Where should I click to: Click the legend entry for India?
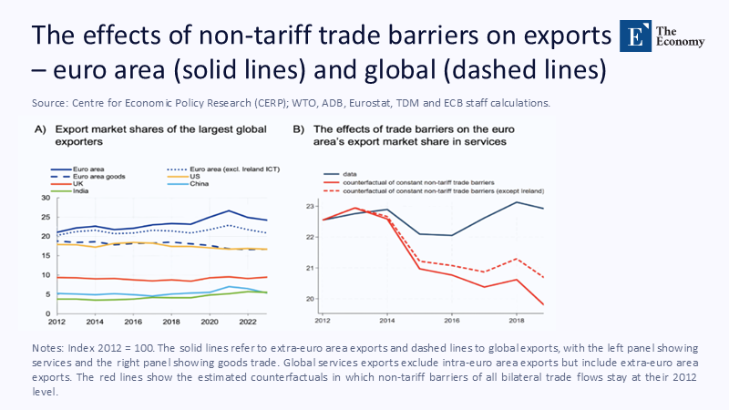tap(77, 190)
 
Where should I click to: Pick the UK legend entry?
tap(74, 183)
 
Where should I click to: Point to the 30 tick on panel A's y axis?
tap(46, 198)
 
